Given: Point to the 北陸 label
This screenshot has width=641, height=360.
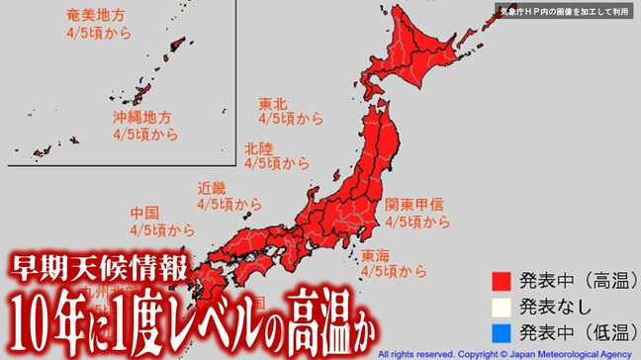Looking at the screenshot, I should (x=260, y=147).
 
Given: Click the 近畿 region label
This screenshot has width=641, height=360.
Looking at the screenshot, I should (x=212, y=187).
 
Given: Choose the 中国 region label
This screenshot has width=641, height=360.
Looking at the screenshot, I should (x=145, y=213).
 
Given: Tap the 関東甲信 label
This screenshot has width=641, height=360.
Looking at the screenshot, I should (x=414, y=205).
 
